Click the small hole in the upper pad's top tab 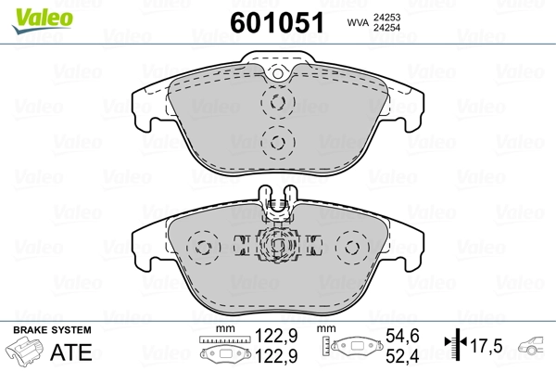pyautogui.click(x=275, y=75)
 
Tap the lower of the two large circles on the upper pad pyautogui.click(x=276, y=141)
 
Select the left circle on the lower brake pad pyautogui.click(x=199, y=249)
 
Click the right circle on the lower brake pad pyautogui.click(x=352, y=249)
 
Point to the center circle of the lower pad pyautogui.click(x=276, y=246)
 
